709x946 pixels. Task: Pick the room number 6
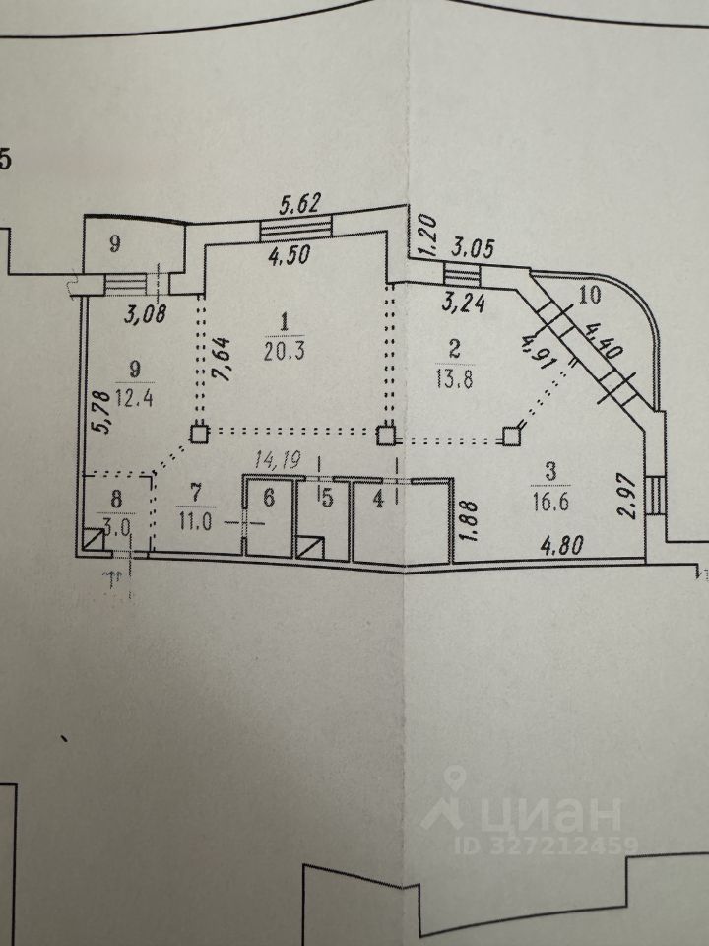(268, 500)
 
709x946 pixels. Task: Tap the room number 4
(377, 500)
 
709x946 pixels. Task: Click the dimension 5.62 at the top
(301, 206)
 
